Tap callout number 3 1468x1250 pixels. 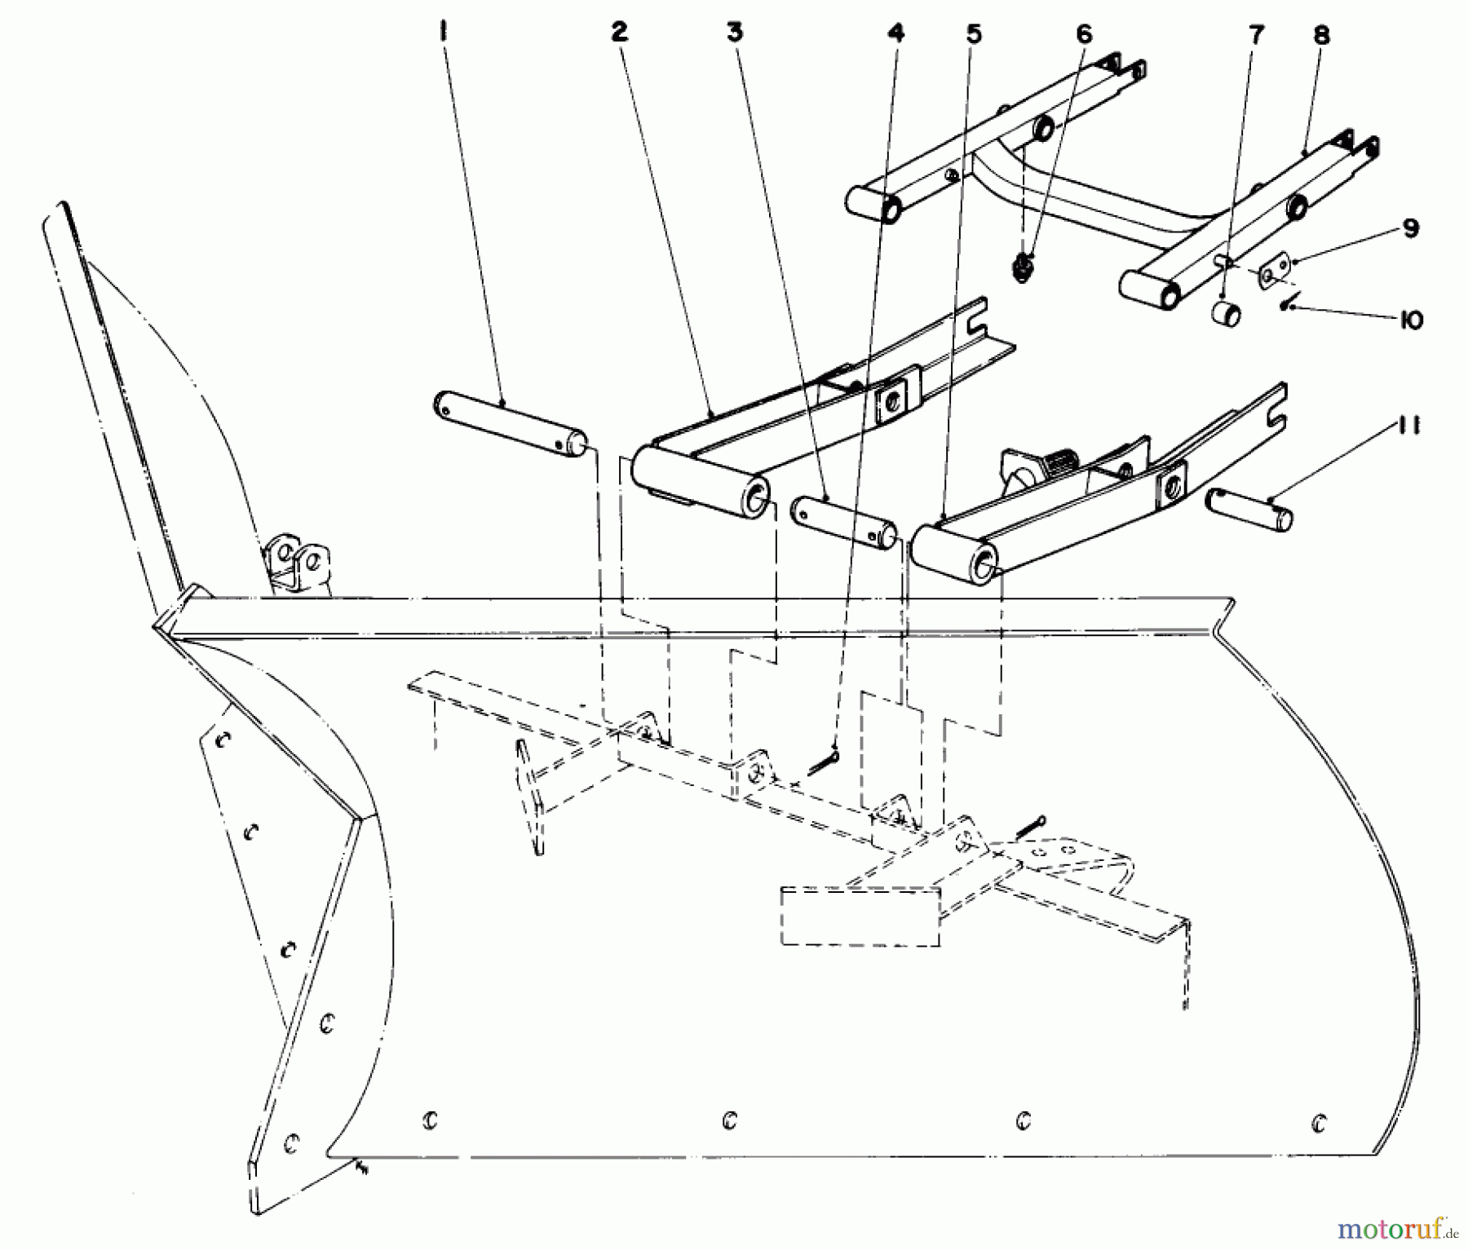[x=736, y=33]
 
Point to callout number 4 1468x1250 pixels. [x=896, y=33]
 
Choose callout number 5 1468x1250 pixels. [x=974, y=33]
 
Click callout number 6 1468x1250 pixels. [x=1082, y=33]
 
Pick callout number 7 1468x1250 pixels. [x=1256, y=35]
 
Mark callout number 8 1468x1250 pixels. [x=1322, y=35]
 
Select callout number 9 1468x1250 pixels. [x=1411, y=229]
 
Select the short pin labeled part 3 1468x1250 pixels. [x=843, y=522]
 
